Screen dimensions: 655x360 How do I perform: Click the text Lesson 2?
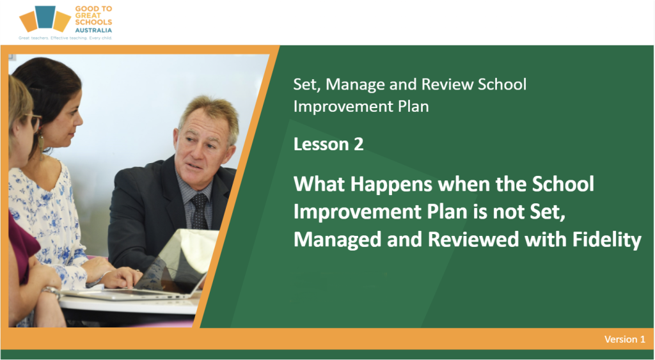(x=328, y=144)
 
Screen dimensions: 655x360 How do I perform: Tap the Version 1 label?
(x=624, y=339)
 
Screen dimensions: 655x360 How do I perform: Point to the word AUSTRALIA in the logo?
(x=93, y=30)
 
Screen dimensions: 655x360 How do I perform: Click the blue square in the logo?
(x=45, y=17)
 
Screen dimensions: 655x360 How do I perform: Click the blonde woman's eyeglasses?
(x=33, y=121)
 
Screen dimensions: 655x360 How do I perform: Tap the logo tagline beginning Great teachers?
(x=65, y=38)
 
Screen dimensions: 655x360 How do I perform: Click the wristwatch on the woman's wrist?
(x=52, y=290)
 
